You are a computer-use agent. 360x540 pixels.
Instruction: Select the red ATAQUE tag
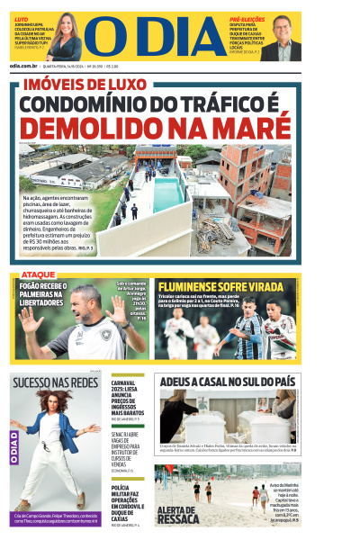coord(38,273)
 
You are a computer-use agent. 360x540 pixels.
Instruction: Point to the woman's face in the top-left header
coord(67,31)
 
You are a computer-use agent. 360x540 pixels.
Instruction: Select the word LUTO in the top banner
coord(21,17)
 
